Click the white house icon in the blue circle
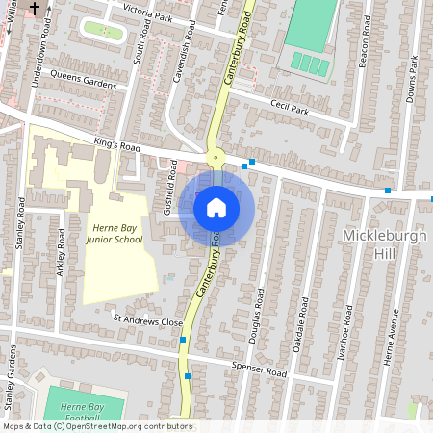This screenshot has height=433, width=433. click(x=216, y=207)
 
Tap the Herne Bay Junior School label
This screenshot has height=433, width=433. click(x=116, y=234)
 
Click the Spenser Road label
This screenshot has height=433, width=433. click(x=260, y=369)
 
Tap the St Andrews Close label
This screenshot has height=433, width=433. click(x=147, y=320)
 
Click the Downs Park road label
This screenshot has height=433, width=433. click(x=412, y=76)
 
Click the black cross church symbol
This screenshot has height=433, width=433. click(x=36, y=9)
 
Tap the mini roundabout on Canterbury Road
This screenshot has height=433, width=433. click(x=216, y=157)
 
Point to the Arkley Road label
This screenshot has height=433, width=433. click(x=61, y=253)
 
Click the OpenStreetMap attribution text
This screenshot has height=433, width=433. click(x=96, y=426)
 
